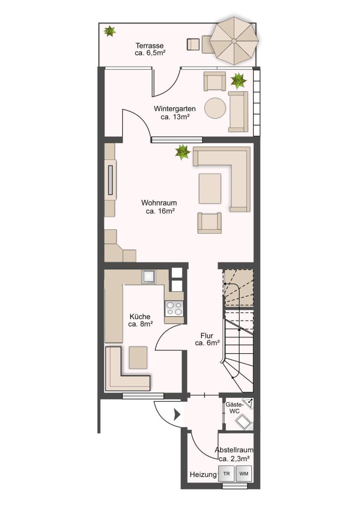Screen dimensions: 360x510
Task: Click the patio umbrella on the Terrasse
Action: click(x=234, y=41)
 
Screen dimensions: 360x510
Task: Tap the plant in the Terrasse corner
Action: click(x=110, y=31)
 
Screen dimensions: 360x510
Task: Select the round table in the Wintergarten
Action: click(x=216, y=108)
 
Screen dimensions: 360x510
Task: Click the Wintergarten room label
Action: click(x=175, y=113)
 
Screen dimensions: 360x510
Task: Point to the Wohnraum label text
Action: click(x=159, y=207)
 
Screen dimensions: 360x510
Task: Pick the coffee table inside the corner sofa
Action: click(x=210, y=188)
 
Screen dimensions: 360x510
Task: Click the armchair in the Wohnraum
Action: click(x=210, y=223)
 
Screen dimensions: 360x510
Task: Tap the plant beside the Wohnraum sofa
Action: click(x=183, y=152)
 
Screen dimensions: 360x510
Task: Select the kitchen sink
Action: click(x=149, y=277)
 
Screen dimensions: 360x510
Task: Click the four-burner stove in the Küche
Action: click(x=174, y=308)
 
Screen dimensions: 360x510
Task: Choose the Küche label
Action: click(x=140, y=320)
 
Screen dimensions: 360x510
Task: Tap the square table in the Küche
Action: click(x=138, y=358)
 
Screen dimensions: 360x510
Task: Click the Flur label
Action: click(x=207, y=339)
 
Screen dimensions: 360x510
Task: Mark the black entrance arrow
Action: click(x=177, y=414)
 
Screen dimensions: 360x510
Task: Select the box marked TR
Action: click(x=226, y=474)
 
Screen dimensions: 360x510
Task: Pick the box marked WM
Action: click(x=244, y=474)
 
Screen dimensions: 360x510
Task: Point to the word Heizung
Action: click(x=203, y=474)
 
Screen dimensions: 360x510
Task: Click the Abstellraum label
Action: click(x=234, y=454)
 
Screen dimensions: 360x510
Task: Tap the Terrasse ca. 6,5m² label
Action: click(x=150, y=49)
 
